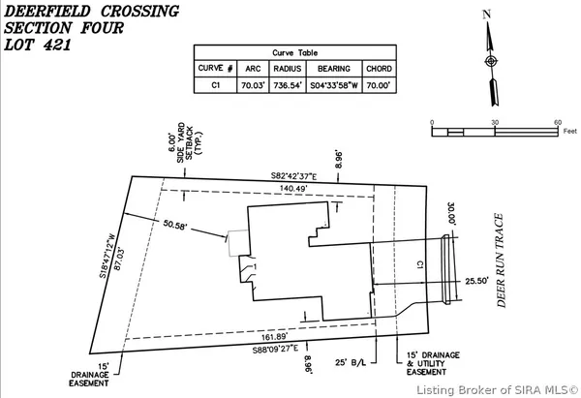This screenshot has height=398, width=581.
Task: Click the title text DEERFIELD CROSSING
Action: [x=92, y=12]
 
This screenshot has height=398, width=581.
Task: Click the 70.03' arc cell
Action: [x=252, y=84]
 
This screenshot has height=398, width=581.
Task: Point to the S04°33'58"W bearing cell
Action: [x=334, y=84]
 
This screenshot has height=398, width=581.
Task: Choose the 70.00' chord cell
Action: [x=378, y=84]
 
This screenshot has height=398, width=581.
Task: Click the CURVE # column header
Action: [x=217, y=69]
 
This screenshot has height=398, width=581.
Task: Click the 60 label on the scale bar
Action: [x=558, y=122]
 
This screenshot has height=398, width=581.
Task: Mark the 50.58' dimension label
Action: [x=176, y=225]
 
